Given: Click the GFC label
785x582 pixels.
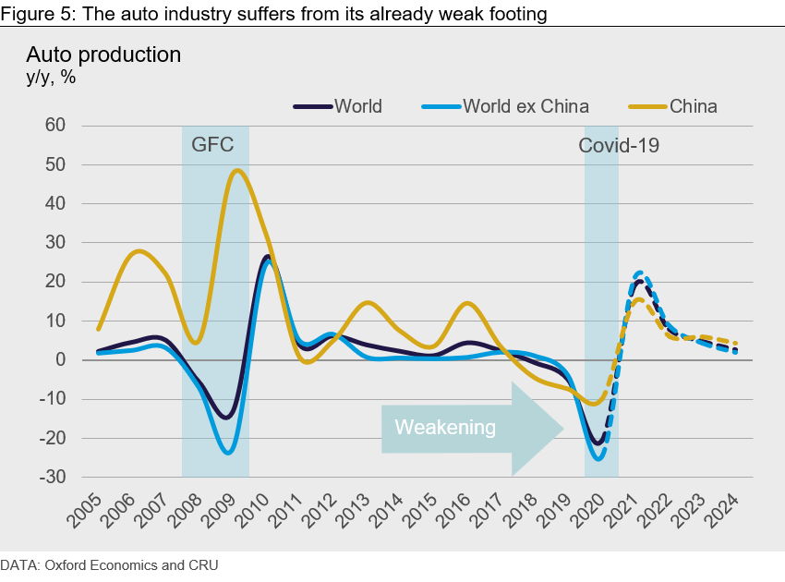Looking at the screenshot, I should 212,145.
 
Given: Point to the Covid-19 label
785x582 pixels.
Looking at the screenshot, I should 619,145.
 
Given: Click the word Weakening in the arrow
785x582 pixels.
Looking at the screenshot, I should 445,428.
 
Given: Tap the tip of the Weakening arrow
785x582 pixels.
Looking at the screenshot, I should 562,428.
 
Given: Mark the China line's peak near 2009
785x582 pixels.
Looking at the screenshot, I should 237,170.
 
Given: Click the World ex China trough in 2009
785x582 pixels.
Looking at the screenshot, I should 226,453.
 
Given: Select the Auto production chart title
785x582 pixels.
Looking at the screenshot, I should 103,55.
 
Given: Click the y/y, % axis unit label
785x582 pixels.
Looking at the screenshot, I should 51,78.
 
